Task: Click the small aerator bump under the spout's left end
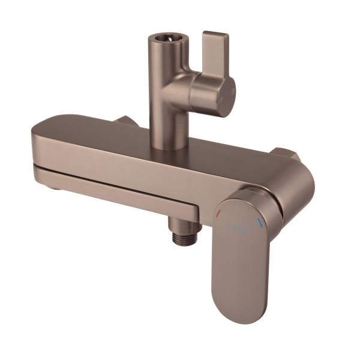(53, 188)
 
